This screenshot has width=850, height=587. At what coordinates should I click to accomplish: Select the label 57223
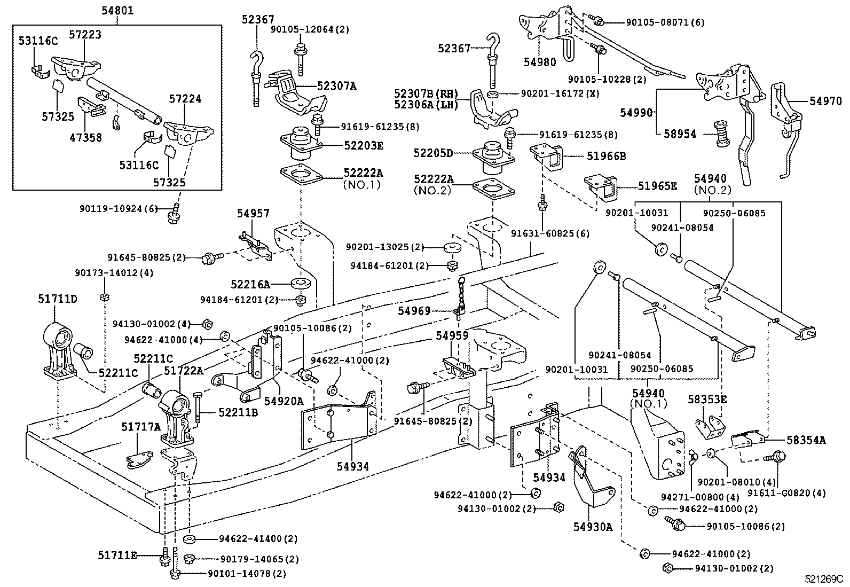point(85,35)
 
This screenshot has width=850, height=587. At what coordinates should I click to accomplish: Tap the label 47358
point(85,137)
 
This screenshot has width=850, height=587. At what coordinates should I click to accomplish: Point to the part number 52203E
point(364,146)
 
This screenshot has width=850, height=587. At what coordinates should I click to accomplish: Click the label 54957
point(254,214)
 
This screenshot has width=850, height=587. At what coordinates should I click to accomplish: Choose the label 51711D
point(57,299)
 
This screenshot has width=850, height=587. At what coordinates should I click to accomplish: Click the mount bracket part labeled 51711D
point(58,353)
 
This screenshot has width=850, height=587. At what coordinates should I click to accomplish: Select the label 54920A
point(284,401)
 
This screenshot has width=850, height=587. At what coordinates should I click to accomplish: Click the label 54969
point(414,310)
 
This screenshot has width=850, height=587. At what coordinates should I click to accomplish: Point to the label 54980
point(539,62)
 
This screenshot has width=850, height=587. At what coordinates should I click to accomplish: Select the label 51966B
point(607,156)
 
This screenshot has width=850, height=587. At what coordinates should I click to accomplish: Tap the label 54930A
point(593,527)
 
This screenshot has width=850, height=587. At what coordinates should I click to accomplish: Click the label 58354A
point(806,440)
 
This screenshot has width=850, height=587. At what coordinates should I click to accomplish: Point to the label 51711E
point(117,556)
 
